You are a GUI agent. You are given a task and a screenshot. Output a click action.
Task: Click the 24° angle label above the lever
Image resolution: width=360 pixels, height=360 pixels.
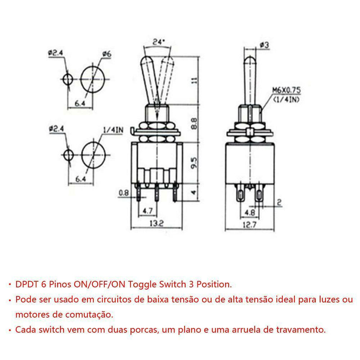158,42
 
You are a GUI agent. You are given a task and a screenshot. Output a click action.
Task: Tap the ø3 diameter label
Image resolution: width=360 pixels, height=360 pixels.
264,45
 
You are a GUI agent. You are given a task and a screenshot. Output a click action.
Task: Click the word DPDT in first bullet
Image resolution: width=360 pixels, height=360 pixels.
26,284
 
